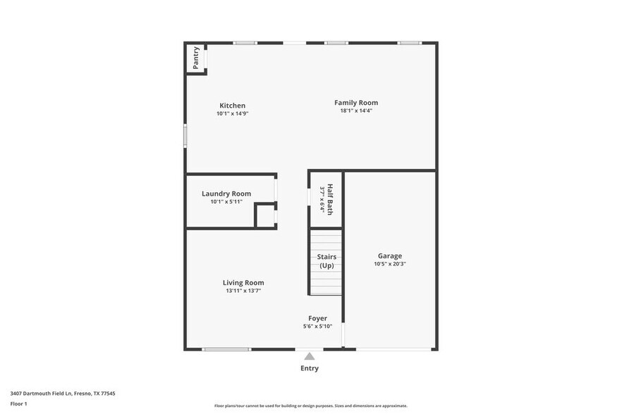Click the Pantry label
[195, 58]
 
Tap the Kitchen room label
[232, 106]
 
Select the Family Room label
[356, 103]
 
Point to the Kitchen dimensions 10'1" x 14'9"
[232, 113]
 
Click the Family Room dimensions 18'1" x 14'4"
[356, 111]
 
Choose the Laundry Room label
[226, 194]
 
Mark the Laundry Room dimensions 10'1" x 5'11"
[226, 202]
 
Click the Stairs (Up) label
[327, 261]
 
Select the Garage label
[390, 256]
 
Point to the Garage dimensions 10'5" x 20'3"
[390, 264]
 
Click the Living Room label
[243, 282]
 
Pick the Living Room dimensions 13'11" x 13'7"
[243, 290]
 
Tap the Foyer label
[317, 318]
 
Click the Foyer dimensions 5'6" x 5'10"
[317, 326]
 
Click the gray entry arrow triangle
[310, 356]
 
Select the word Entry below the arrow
[310, 368]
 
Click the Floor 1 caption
[19, 403]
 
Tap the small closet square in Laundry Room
[265, 216]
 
